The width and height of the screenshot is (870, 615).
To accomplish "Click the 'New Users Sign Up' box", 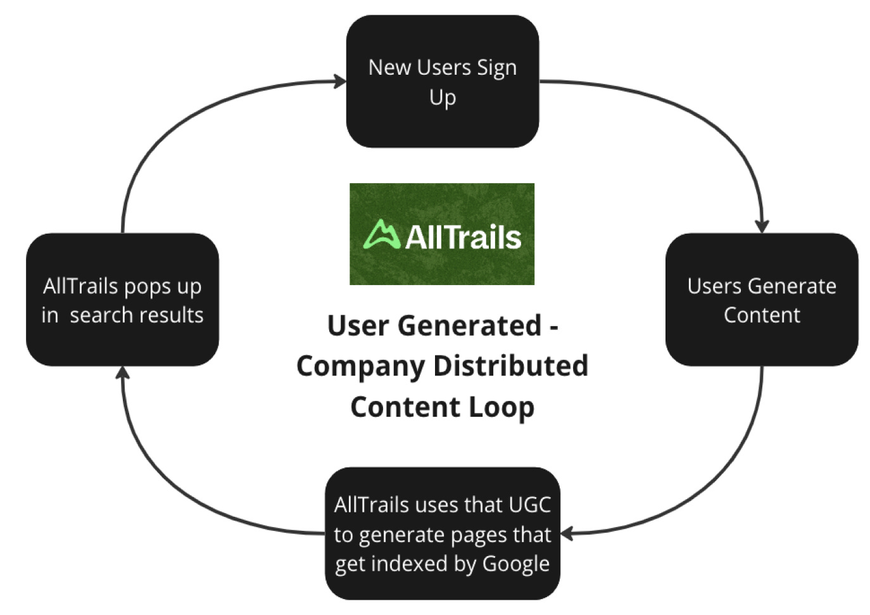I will pos(442,82).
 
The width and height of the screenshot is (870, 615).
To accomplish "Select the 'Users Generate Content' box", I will pos(761,300).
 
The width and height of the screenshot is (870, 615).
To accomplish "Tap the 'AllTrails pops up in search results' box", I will pos(122,300).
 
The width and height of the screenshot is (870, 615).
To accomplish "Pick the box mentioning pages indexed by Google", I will pos(442,533).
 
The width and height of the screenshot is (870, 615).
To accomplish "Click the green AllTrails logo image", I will pos(442,234).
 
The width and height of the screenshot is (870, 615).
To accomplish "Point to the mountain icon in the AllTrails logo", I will pos(382,234).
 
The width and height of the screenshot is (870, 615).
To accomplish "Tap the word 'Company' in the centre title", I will pos(360,366).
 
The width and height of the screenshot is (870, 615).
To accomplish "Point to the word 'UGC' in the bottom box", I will pos(529,505).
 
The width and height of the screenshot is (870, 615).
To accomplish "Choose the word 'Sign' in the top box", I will pos(496,68).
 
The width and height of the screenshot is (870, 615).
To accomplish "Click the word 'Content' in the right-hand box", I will pos(762,315).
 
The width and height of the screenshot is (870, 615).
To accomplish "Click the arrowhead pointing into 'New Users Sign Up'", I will pos(341,81).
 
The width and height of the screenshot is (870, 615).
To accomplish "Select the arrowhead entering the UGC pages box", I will pos(567,534).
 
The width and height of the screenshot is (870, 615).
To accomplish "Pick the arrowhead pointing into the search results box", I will pos(123,373).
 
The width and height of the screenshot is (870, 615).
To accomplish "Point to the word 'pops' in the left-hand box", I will pos(148,287).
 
